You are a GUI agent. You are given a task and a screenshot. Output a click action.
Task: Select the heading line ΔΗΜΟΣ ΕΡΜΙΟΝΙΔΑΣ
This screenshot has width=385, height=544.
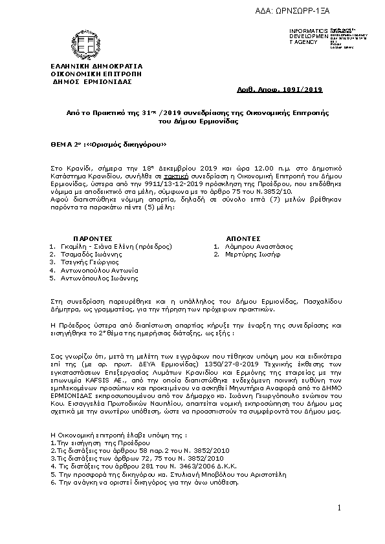pos(91,81)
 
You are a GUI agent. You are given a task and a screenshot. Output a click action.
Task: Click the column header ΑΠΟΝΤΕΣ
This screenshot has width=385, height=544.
pos(243,238)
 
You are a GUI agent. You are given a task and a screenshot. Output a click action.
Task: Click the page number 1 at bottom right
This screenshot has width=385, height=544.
pos(338,510)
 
